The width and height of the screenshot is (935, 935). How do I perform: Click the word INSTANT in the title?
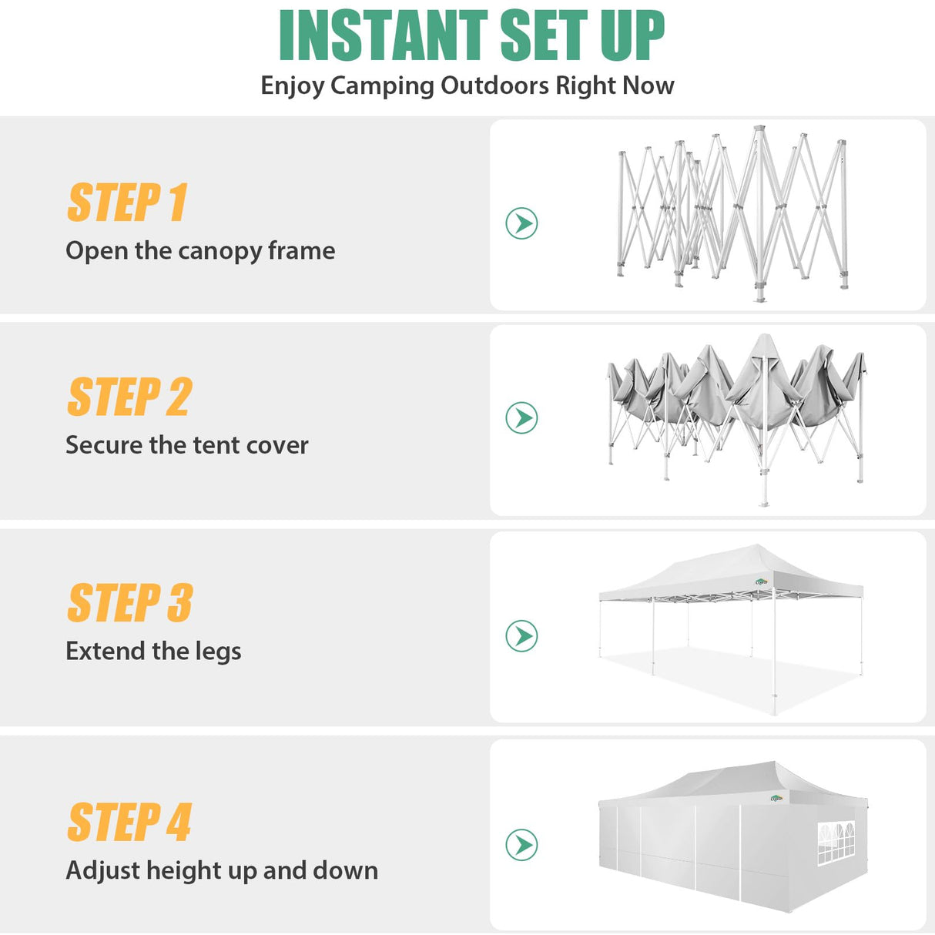[383, 35]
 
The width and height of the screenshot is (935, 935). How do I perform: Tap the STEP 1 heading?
[127, 203]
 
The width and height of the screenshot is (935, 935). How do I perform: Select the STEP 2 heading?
[129, 397]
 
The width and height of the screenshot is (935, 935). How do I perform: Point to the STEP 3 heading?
[129, 603]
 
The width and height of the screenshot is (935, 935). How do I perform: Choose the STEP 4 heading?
[129, 823]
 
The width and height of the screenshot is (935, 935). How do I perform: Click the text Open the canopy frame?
[200, 251]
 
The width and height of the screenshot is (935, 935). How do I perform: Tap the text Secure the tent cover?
[186, 445]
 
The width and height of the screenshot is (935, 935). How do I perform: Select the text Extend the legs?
[153, 652]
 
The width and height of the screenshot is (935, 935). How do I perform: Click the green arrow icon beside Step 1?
[521, 223]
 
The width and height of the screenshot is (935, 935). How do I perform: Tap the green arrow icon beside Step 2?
[521, 417]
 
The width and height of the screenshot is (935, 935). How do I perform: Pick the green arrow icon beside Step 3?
[521, 636]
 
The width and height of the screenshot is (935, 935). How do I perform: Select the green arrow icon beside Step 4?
[521, 845]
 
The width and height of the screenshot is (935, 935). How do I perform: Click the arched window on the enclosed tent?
[836, 843]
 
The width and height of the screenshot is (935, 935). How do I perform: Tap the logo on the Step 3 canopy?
[762, 582]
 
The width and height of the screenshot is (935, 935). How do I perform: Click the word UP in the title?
[632, 35]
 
